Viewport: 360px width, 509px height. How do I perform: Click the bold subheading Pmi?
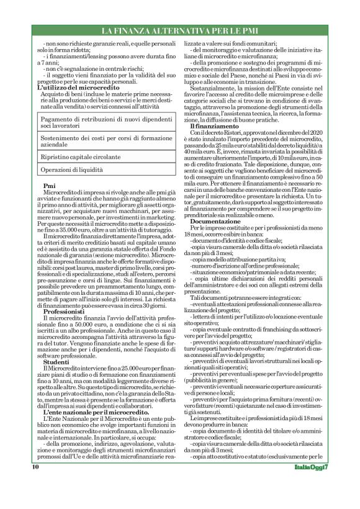48,186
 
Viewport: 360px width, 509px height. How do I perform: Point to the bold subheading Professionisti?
64,311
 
